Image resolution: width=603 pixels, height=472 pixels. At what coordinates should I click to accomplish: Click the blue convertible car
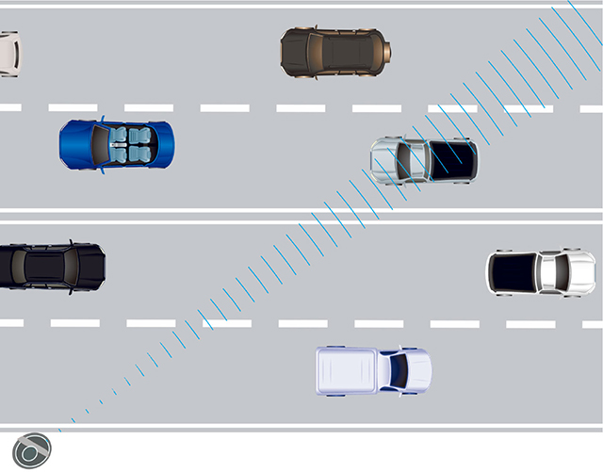tap(117, 144)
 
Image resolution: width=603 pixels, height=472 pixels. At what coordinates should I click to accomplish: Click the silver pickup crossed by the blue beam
tap(424, 159)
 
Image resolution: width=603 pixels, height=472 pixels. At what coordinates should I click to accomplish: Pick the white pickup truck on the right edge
tap(541, 273)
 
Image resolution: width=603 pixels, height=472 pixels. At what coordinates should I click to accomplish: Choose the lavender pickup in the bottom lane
tap(373, 370)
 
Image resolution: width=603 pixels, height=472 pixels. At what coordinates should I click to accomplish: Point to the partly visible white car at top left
tap(8, 54)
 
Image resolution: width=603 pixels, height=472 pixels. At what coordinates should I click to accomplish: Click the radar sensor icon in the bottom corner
tap(32, 449)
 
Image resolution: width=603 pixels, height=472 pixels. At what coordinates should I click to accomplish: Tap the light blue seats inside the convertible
tap(130, 144)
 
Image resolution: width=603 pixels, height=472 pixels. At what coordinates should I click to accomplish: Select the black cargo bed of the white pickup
tap(513, 273)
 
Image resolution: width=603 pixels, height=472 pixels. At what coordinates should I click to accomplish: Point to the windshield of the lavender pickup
tap(397, 370)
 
